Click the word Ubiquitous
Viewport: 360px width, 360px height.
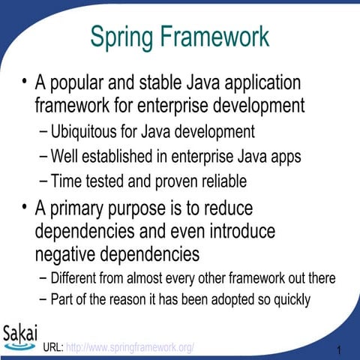point(85,133)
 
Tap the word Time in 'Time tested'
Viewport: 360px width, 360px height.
point(65,181)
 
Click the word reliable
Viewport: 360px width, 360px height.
point(222,181)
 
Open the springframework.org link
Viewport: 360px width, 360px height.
point(130,347)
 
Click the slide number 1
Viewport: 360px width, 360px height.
point(340,350)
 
